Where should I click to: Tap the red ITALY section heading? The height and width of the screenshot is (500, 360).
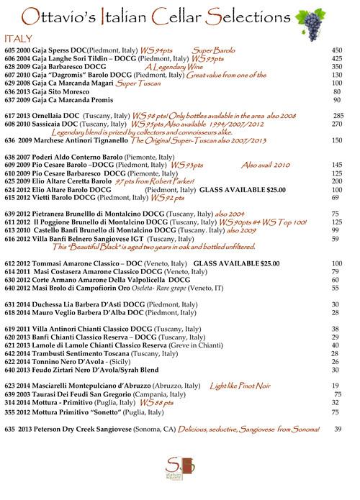17,37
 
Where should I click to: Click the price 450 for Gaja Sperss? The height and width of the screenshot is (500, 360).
336,50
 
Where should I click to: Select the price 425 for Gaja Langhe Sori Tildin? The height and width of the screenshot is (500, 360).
336,58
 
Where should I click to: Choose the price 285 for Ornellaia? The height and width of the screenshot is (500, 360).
338,115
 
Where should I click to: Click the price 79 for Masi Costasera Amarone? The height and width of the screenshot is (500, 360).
336,271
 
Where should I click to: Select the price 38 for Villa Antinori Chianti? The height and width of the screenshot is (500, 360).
336,329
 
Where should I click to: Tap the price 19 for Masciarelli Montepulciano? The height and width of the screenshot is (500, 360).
336,386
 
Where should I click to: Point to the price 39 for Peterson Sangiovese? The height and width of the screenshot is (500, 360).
338,429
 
